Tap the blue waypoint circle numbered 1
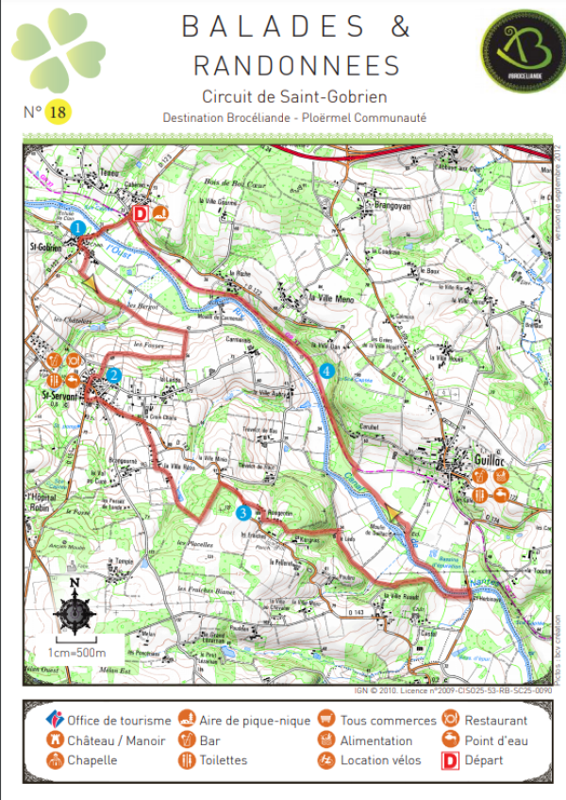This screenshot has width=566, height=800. pos(78,229)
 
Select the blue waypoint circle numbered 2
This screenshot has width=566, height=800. pos(113,375)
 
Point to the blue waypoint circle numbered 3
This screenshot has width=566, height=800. pos(243,513)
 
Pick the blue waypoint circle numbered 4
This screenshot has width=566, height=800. pos(326,371)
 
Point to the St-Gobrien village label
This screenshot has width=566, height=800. pos(58,248)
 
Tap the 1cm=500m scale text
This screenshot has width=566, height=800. pos(77,652)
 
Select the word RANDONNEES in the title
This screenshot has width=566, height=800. pos(296,64)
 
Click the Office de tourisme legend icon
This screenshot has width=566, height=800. pos(55,720)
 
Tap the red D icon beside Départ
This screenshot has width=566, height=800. pos(449,759)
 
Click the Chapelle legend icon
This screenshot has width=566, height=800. pos(55,760)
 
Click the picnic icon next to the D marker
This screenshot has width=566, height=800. pos(160,213)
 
